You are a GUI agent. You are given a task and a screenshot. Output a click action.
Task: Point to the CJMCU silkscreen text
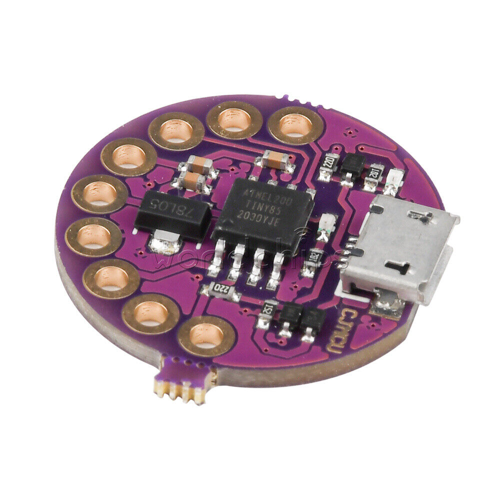point(340,330)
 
